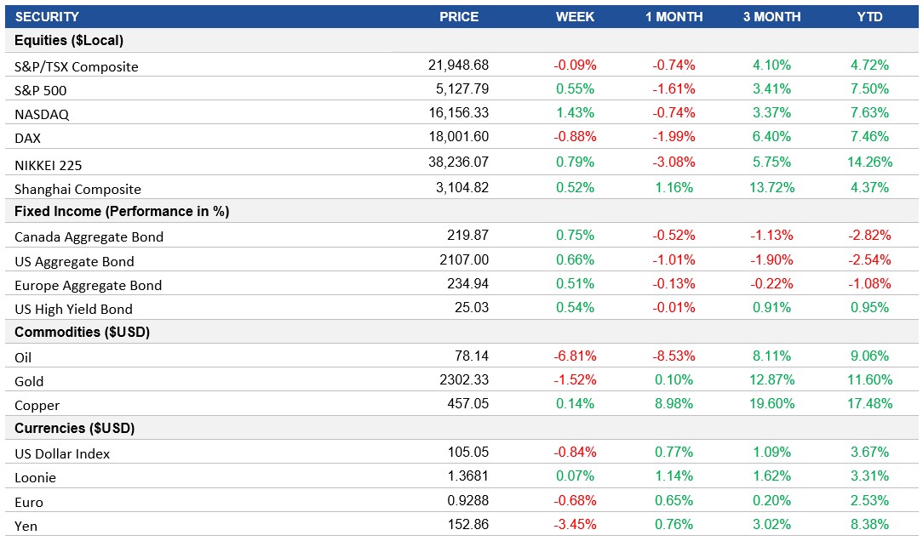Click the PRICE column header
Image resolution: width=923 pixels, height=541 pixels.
458,17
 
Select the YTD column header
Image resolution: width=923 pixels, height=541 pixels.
869,17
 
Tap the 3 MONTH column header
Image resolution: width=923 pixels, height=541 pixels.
771,17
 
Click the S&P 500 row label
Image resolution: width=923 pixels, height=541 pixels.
41,90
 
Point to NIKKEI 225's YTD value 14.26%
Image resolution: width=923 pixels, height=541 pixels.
869,162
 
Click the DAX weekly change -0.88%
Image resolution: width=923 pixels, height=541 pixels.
575,136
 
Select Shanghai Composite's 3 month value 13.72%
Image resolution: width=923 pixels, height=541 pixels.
771,187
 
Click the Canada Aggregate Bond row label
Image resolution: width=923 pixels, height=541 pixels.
89,236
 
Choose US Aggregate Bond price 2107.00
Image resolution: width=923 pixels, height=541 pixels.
467,260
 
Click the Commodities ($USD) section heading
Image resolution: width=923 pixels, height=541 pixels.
83,332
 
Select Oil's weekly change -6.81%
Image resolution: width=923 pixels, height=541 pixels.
575,356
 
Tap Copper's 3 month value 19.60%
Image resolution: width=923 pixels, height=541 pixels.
771,404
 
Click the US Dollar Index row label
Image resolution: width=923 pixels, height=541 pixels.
62,453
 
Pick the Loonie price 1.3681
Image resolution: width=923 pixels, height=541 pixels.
468,476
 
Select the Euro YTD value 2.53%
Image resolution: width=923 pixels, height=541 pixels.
869,501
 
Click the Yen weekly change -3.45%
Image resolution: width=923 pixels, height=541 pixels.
575,525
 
